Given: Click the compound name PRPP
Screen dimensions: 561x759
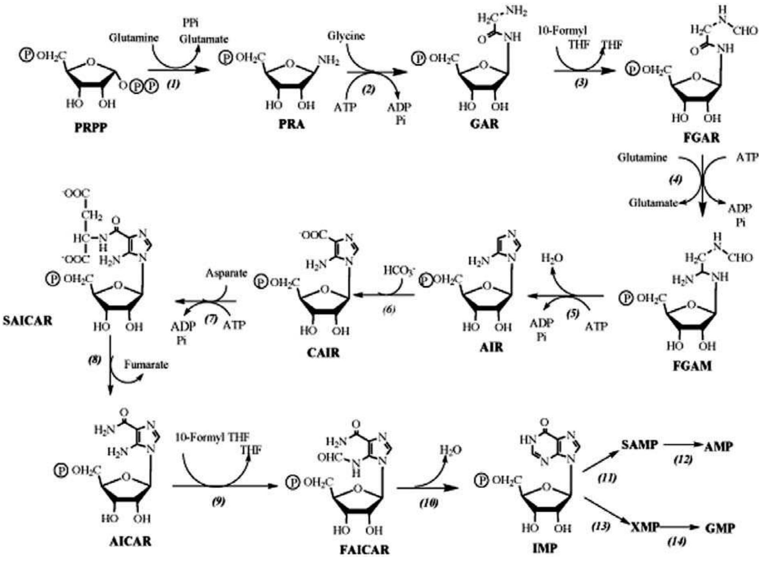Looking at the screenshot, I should [x=90, y=127].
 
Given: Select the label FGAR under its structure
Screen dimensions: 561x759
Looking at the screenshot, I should [x=701, y=138].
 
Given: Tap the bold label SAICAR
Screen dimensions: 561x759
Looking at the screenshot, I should [x=27, y=321].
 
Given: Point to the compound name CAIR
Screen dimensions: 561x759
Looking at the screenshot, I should [x=323, y=353].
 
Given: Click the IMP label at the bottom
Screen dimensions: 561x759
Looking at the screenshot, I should [x=544, y=548].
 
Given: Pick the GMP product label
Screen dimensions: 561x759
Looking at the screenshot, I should [x=720, y=528].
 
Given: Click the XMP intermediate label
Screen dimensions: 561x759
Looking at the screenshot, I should [x=644, y=527].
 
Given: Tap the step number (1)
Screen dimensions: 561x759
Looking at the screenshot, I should [x=173, y=84].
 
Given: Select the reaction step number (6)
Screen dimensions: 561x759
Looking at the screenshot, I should [x=388, y=310].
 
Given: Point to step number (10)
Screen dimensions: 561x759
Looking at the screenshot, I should [x=429, y=503].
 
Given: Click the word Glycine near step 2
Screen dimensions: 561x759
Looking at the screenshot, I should [x=346, y=36].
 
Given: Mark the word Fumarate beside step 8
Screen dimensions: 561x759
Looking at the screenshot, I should [x=146, y=365].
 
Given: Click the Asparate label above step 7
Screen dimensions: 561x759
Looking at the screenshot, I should [x=226, y=273].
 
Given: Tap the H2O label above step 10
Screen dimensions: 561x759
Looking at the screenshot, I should [x=450, y=450].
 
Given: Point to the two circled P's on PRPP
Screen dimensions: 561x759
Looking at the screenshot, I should [x=143, y=86].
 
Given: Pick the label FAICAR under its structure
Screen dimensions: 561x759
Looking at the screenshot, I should [x=364, y=550].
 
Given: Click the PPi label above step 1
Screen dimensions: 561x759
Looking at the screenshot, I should [x=190, y=23].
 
